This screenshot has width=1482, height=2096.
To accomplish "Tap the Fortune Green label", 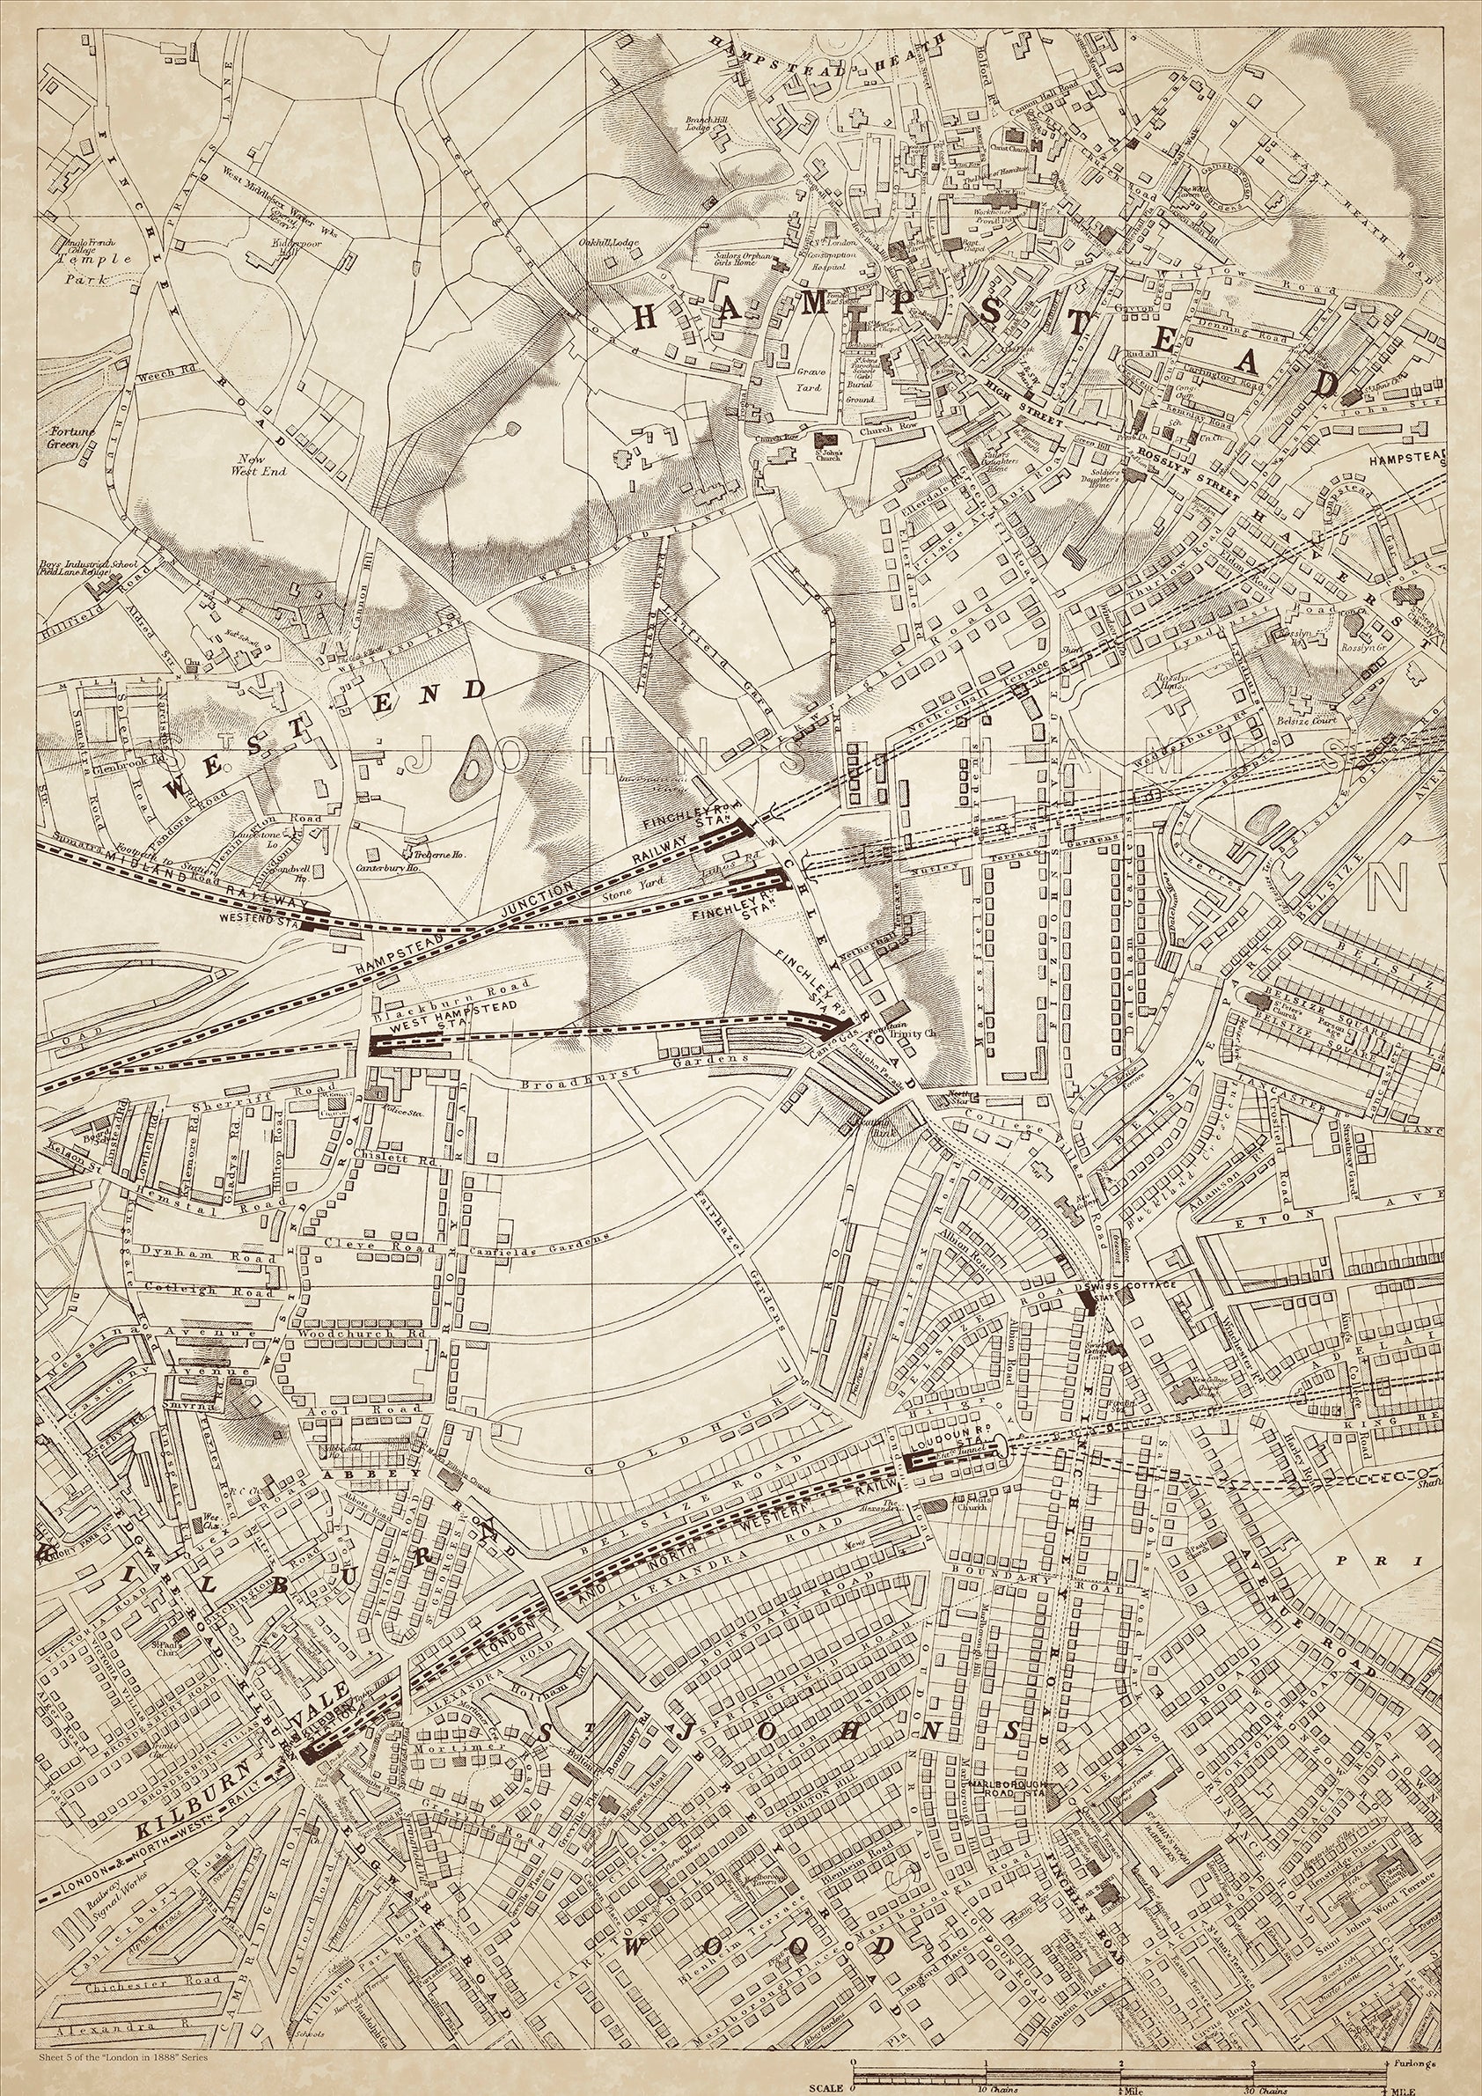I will [68, 437].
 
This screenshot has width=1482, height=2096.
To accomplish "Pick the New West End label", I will [262, 465].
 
